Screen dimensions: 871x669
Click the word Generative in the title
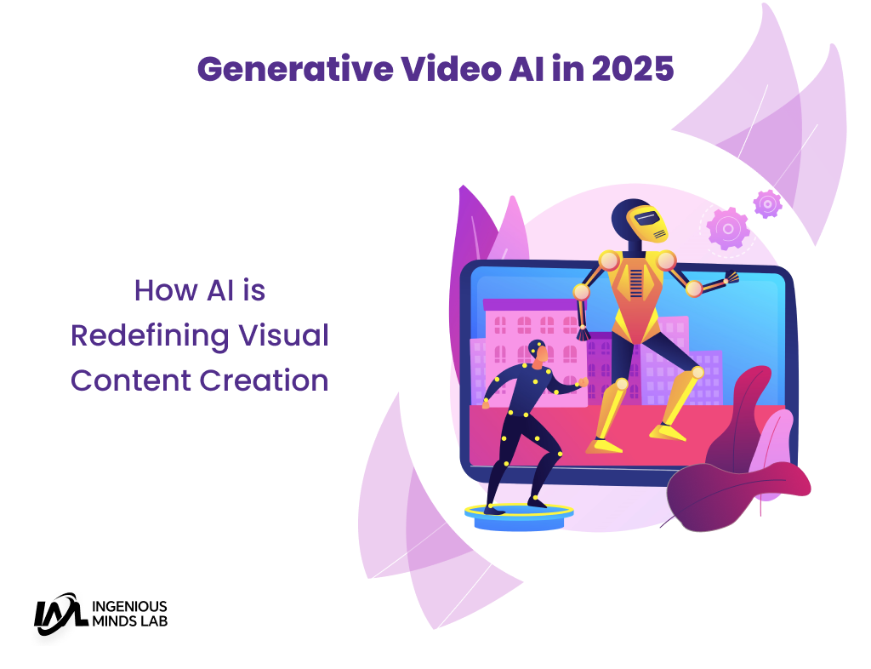point(295,70)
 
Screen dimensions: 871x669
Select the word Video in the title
point(452,70)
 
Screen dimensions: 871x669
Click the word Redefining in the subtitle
point(150,337)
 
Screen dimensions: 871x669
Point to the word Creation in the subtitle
point(264,380)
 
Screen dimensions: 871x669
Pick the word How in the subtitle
point(166,290)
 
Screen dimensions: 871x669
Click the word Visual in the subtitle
point(284,335)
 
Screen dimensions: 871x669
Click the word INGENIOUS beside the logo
point(129,606)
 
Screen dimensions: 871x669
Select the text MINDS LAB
point(129,621)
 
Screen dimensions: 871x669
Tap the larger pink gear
point(728,228)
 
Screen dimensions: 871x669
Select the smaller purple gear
point(768,204)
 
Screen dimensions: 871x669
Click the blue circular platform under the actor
point(519,517)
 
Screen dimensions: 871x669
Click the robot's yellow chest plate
point(635,296)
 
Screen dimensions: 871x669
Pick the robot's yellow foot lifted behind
point(667,432)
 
